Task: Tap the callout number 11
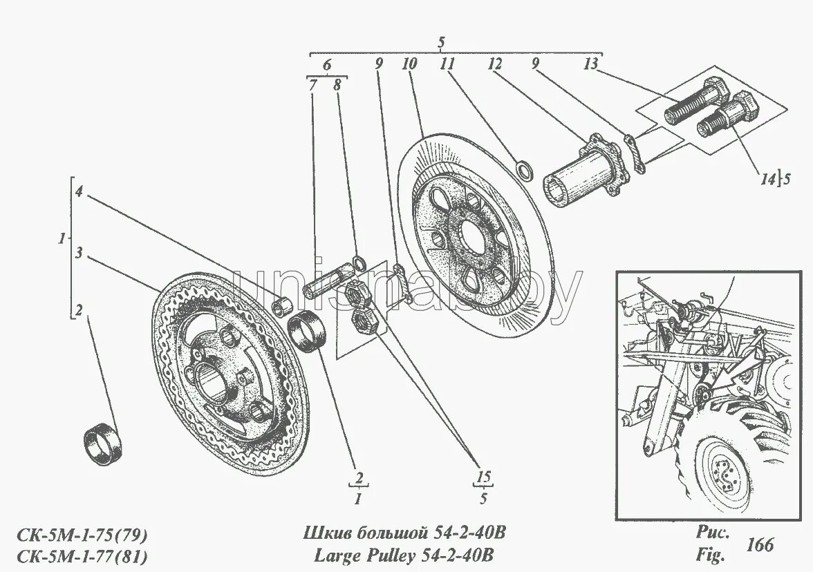tap(447, 65)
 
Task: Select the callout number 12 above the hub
tap(494, 65)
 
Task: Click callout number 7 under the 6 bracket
tap(312, 86)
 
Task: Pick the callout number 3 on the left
tap(80, 254)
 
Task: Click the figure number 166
tap(760, 544)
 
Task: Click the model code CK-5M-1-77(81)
tap(81, 555)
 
